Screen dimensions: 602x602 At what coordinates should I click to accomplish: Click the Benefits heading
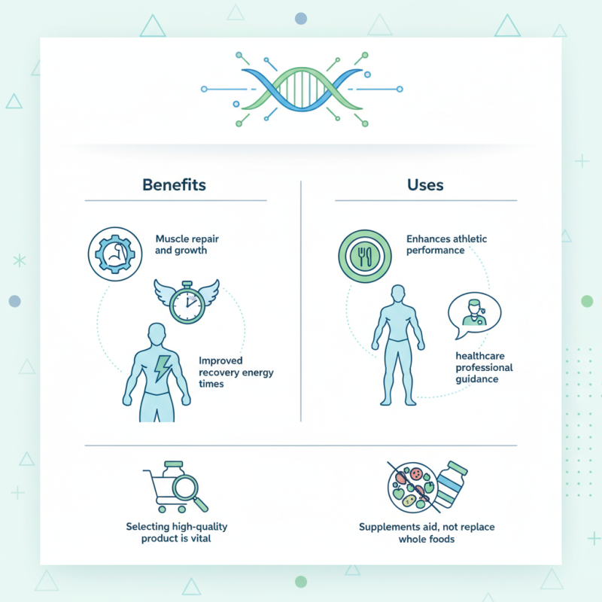point(174,184)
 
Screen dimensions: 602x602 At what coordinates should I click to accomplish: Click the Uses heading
point(425,185)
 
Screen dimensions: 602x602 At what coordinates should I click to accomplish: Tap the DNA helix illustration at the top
point(303,90)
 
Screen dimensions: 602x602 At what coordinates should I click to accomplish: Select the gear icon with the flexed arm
point(115,254)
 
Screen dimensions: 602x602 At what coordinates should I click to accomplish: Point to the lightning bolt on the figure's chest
point(162,369)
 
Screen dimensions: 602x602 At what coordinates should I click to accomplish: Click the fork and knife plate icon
point(365,256)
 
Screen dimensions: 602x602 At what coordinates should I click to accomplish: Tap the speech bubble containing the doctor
point(474,315)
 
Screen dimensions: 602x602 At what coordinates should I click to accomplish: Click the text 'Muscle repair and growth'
point(187,245)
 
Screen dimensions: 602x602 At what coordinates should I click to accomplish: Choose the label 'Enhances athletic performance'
point(446,245)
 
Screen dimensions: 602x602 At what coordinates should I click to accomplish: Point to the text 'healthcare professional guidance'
point(484,367)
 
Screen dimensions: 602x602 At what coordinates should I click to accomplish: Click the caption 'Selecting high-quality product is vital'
point(177,532)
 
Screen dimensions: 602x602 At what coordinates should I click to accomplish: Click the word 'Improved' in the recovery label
point(220,360)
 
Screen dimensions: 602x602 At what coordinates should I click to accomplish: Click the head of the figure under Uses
point(398,294)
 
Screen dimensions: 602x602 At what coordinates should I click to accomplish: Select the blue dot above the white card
point(301,18)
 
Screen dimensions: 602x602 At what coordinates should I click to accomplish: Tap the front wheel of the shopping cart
point(163,509)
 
